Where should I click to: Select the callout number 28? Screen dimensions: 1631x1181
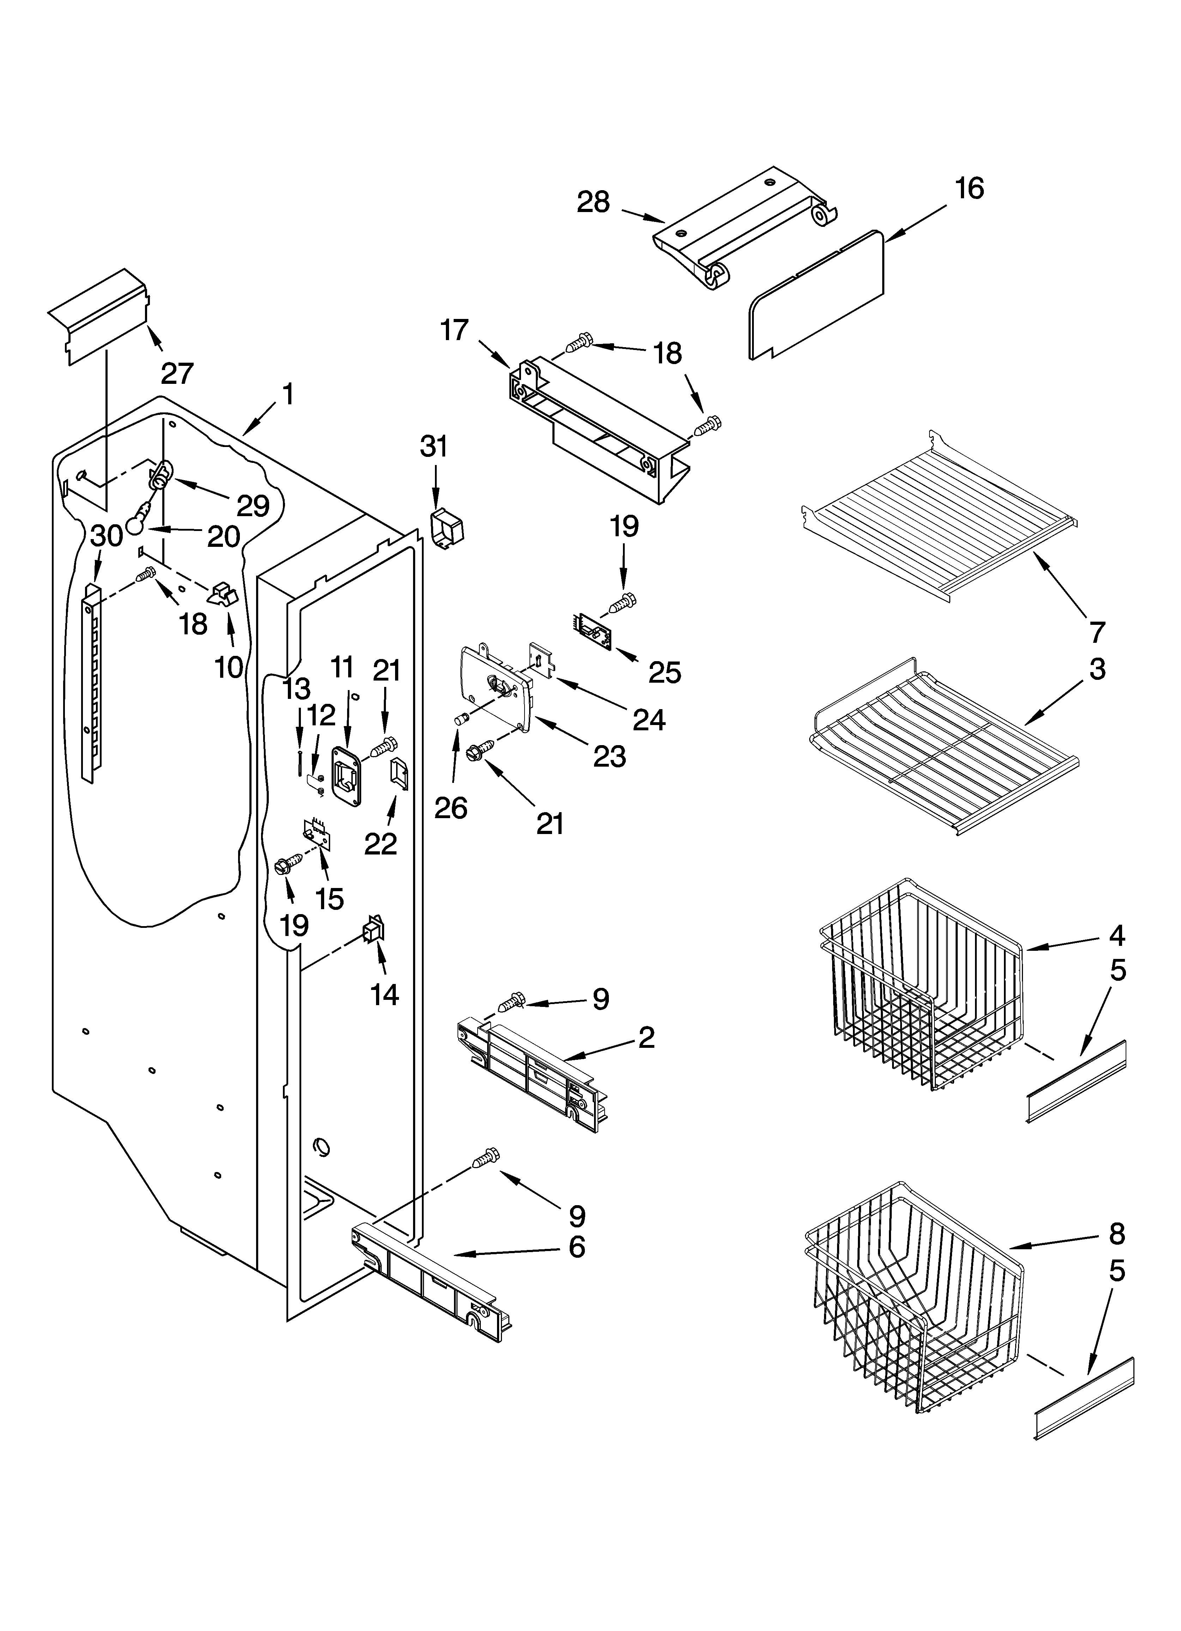(x=593, y=203)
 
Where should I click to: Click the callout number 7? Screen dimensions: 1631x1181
(x=1096, y=632)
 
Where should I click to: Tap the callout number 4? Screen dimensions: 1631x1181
(x=1116, y=936)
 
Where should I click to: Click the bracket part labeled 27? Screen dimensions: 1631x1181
(x=101, y=316)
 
